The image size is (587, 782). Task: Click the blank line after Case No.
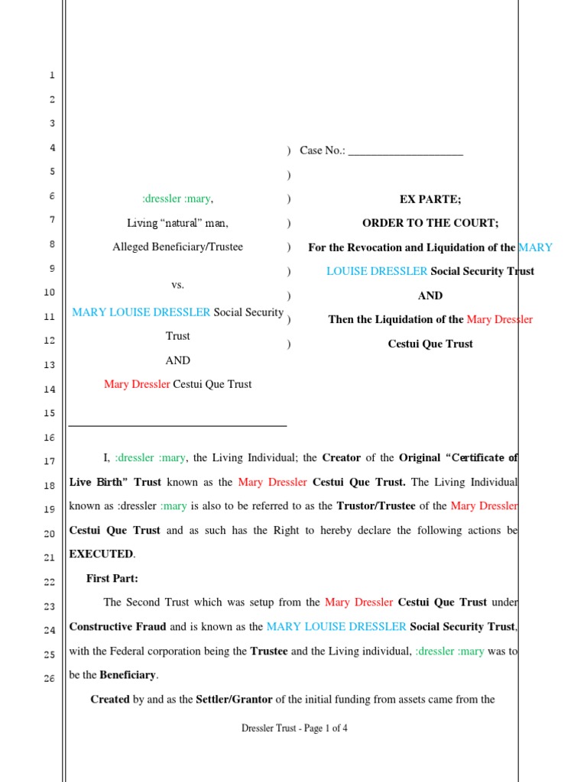[x=405, y=151]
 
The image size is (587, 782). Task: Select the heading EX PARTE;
[x=430, y=199]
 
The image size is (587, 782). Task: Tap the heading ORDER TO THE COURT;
[x=430, y=223]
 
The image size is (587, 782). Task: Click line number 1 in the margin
[x=51, y=75]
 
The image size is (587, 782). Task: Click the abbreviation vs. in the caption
[x=177, y=285]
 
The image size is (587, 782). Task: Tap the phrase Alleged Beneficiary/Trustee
[x=177, y=247]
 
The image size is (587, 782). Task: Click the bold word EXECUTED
[x=102, y=554]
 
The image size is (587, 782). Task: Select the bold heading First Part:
[x=112, y=579]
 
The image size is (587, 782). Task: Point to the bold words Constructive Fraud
[x=118, y=627]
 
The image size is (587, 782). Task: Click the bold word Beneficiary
[x=128, y=675]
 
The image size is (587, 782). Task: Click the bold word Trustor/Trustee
[x=391, y=506]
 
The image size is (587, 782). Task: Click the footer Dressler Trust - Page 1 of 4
[x=294, y=729]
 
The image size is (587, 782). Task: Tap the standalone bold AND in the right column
[x=430, y=296]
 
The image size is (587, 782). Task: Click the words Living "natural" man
[x=177, y=224]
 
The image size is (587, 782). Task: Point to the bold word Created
[x=109, y=700]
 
